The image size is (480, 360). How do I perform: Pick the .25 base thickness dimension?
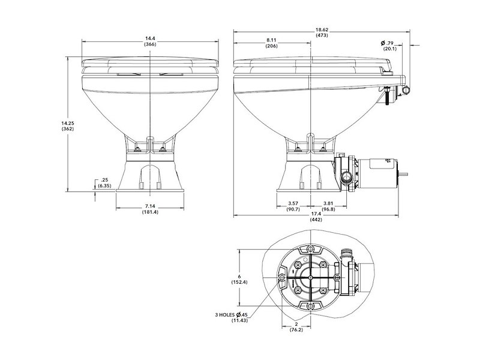click(105, 179)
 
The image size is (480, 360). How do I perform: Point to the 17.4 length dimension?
click(316, 214)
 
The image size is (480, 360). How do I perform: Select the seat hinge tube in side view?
click(407, 88)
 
